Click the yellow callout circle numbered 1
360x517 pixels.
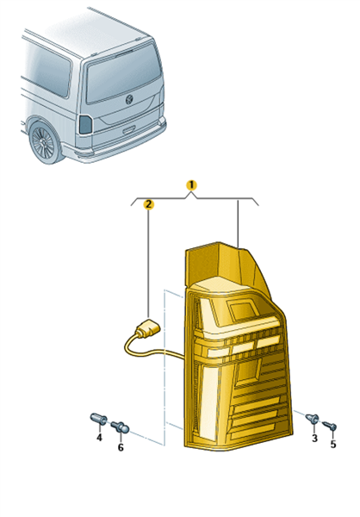pyautogui.click(x=191, y=185)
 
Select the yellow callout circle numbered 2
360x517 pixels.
pyautogui.click(x=149, y=204)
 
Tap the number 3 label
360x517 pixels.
pyautogui.click(x=315, y=438)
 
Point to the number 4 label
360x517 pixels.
pyautogui.click(x=99, y=438)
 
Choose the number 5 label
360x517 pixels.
pyautogui.click(x=333, y=444)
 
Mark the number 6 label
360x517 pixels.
pyautogui.click(x=121, y=447)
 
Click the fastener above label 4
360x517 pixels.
pyautogui.click(x=98, y=419)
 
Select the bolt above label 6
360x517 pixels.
pyautogui.click(x=120, y=427)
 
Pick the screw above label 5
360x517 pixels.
pyautogui.click(x=329, y=426)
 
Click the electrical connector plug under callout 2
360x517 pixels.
pyautogui.click(x=147, y=328)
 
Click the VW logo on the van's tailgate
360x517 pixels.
pyautogui.click(x=129, y=99)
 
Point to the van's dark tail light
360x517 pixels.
pyautogui.click(x=85, y=125)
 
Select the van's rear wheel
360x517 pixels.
pyautogui.click(x=46, y=143)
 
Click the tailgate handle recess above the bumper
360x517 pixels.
pyautogui.click(x=129, y=130)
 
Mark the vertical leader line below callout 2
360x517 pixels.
pyautogui.click(x=149, y=265)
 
